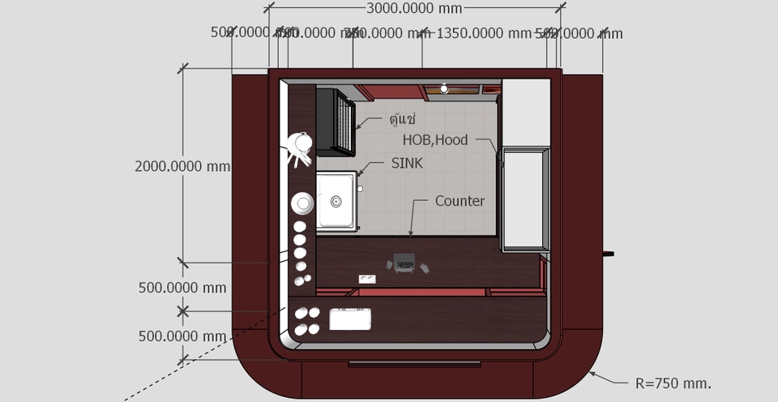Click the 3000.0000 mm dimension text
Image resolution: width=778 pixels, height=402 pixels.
[x=413, y=9]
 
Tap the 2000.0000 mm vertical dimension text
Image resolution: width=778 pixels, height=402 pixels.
[x=182, y=166]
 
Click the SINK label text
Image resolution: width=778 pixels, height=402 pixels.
[x=407, y=163]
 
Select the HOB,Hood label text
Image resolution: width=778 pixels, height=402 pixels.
[x=435, y=139]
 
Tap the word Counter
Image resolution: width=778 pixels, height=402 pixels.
[x=460, y=200]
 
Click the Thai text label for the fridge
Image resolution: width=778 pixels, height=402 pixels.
[x=402, y=120]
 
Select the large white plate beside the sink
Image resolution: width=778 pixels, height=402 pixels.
[x=302, y=203]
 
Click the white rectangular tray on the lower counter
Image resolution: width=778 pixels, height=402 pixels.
[x=350, y=319]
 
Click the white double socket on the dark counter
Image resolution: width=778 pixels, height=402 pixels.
[x=367, y=279]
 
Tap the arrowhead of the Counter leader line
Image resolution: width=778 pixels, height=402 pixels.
[x=410, y=234]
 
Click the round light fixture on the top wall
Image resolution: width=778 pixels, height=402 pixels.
[x=444, y=88]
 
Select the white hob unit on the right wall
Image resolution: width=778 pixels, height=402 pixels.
[x=525, y=199]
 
